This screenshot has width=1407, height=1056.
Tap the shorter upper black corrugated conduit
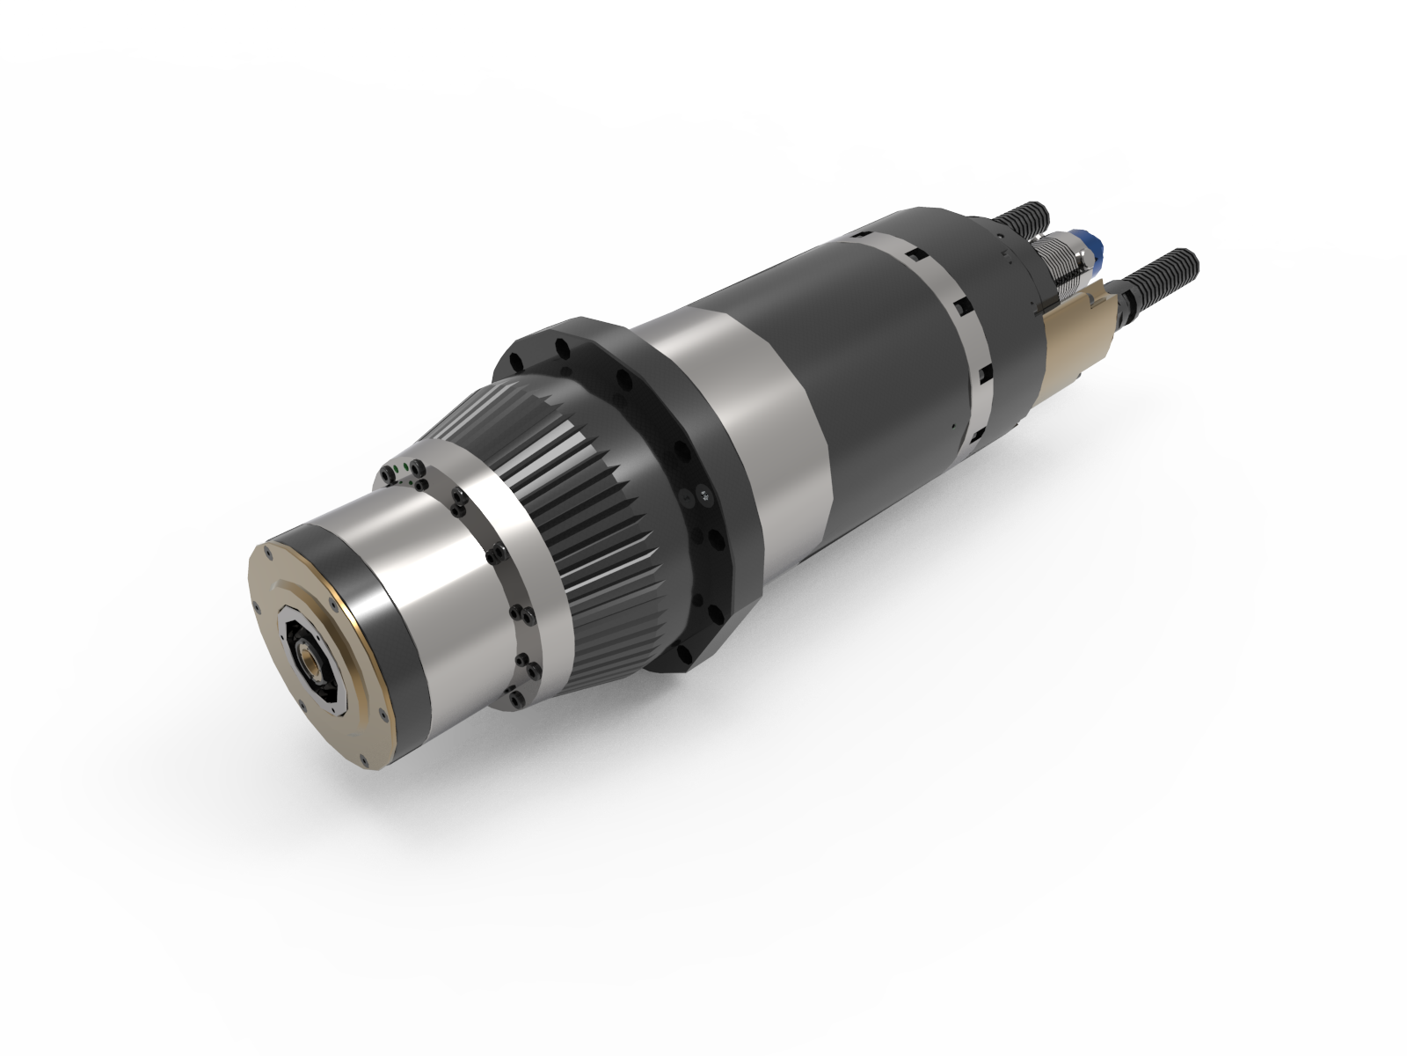click(x=1021, y=218)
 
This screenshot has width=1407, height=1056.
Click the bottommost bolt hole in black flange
click(x=682, y=653)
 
